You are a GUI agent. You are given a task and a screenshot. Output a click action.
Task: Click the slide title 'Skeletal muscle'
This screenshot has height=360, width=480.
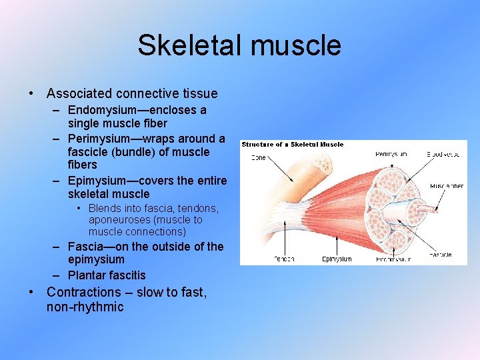(x=239, y=45)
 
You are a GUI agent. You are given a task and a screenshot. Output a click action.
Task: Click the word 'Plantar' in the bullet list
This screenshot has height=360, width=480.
(x=88, y=275)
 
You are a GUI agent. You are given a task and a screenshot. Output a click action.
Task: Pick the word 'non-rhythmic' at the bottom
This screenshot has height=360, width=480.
(x=85, y=307)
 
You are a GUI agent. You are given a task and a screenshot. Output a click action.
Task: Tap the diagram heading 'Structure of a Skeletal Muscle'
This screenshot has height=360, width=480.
(x=292, y=145)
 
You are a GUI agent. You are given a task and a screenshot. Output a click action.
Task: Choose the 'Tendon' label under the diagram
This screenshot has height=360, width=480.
(x=284, y=259)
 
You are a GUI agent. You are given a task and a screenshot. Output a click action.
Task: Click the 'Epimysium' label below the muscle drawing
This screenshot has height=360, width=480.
(x=337, y=259)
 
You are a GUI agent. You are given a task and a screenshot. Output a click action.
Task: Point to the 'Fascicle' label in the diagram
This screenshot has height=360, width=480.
(x=440, y=255)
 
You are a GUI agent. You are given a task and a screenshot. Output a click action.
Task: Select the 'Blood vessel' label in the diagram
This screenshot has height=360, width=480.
(x=444, y=154)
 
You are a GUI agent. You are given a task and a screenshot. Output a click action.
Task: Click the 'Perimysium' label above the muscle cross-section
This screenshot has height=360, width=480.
(x=391, y=154)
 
